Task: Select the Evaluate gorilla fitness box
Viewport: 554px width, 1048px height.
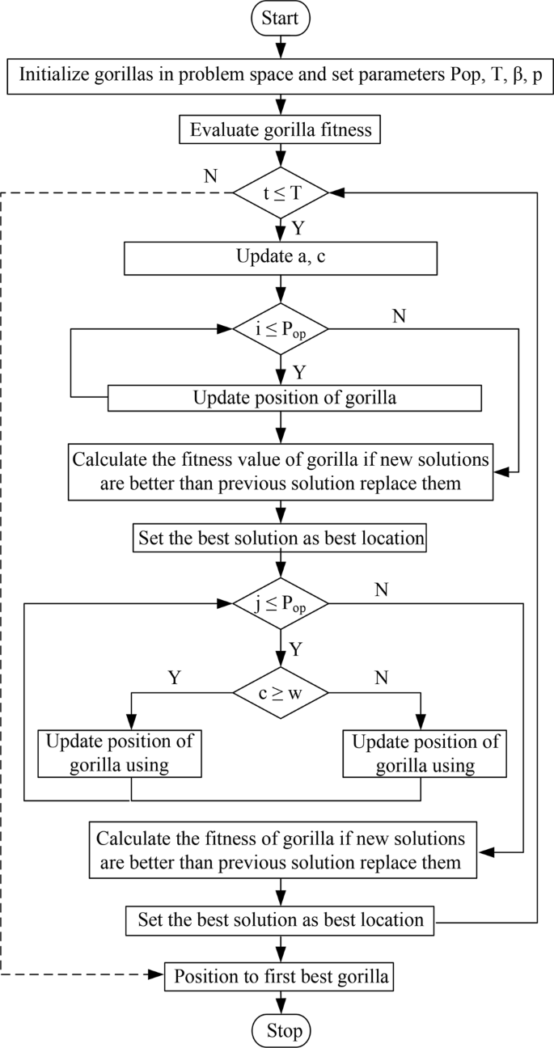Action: tap(280, 129)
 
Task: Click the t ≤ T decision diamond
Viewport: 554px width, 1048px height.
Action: tap(280, 192)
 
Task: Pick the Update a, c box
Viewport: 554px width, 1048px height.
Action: tap(280, 260)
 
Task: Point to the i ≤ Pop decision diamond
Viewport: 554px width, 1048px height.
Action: tap(280, 329)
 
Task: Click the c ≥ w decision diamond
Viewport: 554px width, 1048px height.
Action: tap(280, 692)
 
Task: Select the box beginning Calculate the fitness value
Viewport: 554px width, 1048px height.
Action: tap(280, 471)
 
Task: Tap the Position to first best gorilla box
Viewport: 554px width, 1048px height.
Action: tap(280, 977)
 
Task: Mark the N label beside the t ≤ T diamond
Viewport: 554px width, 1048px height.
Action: tap(211, 175)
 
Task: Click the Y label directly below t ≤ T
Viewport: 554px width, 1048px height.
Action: tap(298, 227)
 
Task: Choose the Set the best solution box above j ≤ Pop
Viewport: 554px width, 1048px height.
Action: tap(280, 539)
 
